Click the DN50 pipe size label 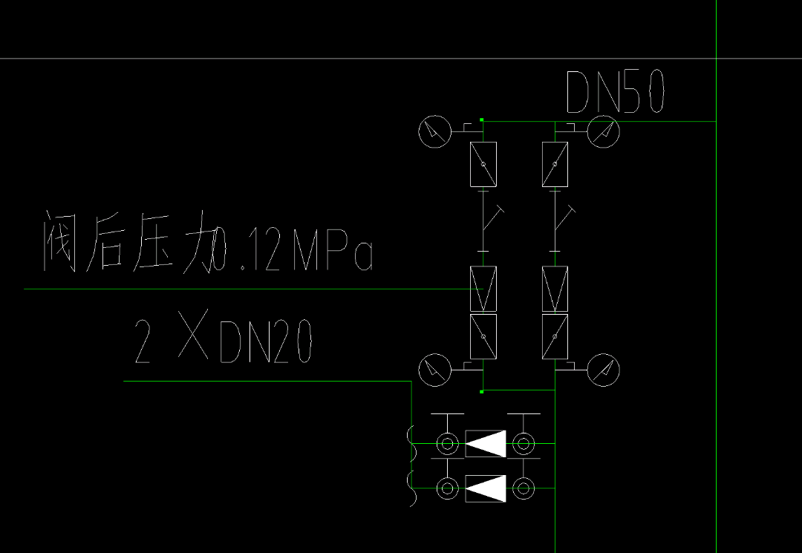pyautogui.click(x=615, y=92)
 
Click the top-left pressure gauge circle pyautogui.click(x=434, y=132)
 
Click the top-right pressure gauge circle pyautogui.click(x=604, y=132)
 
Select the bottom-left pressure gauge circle pyautogui.click(x=434, y=370)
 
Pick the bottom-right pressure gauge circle pyautogui.click(x=604, y=370)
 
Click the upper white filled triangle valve pyautogui.click(x=486, y=444)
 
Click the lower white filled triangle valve pyautogui.click(x=486, y=488)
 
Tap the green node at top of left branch pyautogui.click(x=482, y=120)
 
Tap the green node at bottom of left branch pyautogui.click(x=482, y=391)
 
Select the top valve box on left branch pyautogui.click(x=483, y=164)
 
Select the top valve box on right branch pyautogui.click(x=555, y=164)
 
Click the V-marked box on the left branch pyautogui.click(x=483, y=289)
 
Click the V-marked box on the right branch pyautogui.click(x=555, y=289)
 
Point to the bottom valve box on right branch pyautogui.click(x=555, y=337)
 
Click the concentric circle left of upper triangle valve pyautogui.click(x=447, y=444)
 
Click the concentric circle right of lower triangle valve pyautogui.click(x=524, y=488)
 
